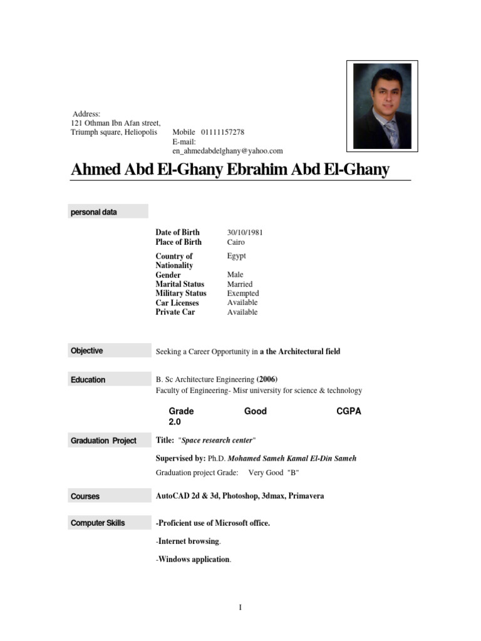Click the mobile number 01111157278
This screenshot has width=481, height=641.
(x=222, y=133)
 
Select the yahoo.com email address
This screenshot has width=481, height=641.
(x=227, y=151)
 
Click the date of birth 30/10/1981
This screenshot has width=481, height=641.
(x=245, y=232)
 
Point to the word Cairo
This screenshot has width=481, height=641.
(x=236, y=242)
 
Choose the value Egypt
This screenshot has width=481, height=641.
(x=237, y=256)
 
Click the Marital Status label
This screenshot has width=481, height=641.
(x=180, y=284)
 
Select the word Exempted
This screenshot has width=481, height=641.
(x=243, y=294)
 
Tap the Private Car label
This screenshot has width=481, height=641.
(x=175, y=312)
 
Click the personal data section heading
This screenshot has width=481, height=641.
(x=94, y=212)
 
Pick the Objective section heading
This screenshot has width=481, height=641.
(x=87, y=351)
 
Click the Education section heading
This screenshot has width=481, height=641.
(x=88, y=380)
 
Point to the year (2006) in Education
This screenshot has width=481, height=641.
(x=267, y=379)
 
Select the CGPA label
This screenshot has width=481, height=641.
(x=349, y=411)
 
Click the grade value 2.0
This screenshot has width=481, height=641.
(x=175, y=423)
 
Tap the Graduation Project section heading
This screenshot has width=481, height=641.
(x=103, y=441)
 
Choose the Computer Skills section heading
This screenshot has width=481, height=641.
(x=98, y=523)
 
